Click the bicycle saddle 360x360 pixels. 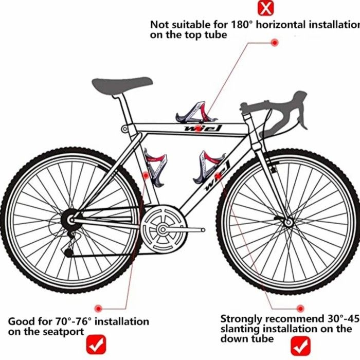click(122, 84)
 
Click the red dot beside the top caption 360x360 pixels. click(275, 42)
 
